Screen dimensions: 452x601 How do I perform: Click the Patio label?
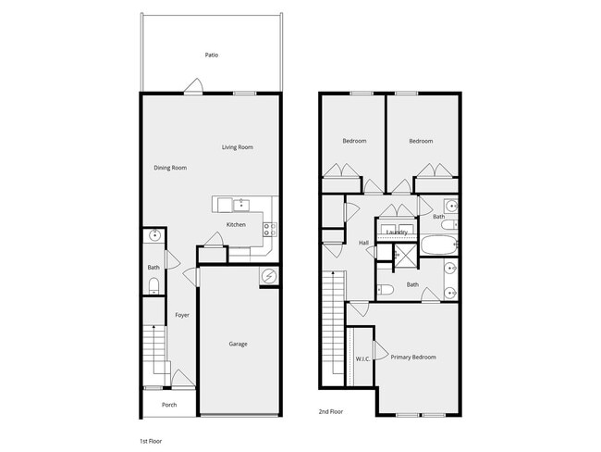click(x=212, y=55)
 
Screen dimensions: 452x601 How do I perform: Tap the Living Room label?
click(x=238, y=147)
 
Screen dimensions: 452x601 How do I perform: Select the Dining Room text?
click(x=170, y=168)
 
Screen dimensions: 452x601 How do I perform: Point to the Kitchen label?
click(x=236, y=225)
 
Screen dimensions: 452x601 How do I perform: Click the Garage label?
click(x=238, y=344)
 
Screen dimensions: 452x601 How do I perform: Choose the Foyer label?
click(x=182, y=315)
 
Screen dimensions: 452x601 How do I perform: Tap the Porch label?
click(x=169, y=405)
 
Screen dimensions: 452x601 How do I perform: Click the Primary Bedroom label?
click(x=412, y=357)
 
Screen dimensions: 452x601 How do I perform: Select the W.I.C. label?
click(x=362, y=358)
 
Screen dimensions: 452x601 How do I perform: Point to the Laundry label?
click(x=397, y=232)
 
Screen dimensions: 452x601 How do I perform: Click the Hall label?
click(x=363, y=243)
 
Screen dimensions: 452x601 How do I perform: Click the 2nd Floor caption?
click(x=330, y=410)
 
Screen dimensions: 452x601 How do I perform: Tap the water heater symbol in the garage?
click(x=268, y=275)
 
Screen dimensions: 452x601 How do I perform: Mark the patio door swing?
click(x=194, y=87)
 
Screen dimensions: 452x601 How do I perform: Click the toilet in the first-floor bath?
click(x=154, y=285)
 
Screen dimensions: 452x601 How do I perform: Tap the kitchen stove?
click(x=269, y=227)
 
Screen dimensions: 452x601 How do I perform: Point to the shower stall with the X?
click(x=405, y=256)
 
